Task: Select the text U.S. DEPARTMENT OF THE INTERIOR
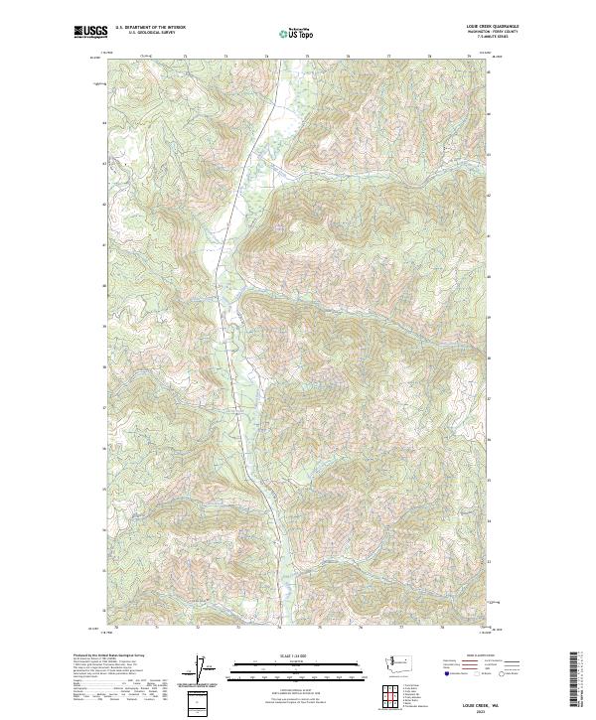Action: (x=150, y=28)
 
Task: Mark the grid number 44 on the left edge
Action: (x=103, y=123)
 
